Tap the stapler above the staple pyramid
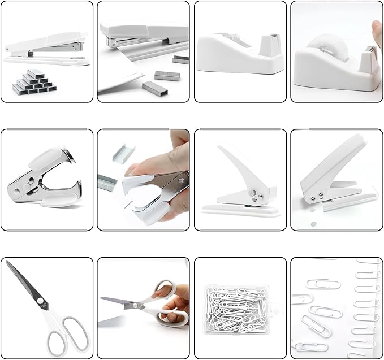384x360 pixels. pyautogui.click(x=45, y=47)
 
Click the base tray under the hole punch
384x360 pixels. pyautogui.click(x=240, y=209)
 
